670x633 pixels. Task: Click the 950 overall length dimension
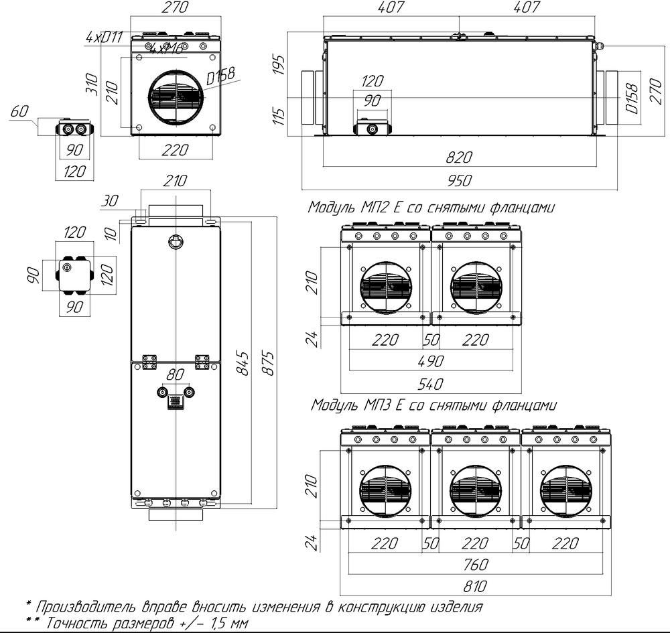[460, 180]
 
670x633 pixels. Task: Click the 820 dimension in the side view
[460, 157]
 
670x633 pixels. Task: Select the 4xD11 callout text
[105, 38]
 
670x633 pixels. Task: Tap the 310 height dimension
[94, 85]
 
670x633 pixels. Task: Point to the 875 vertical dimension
[267, 362]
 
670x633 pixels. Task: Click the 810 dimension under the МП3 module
[475, 586]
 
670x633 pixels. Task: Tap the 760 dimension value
[475, 564]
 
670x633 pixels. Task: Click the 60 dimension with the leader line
[21, 111]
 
